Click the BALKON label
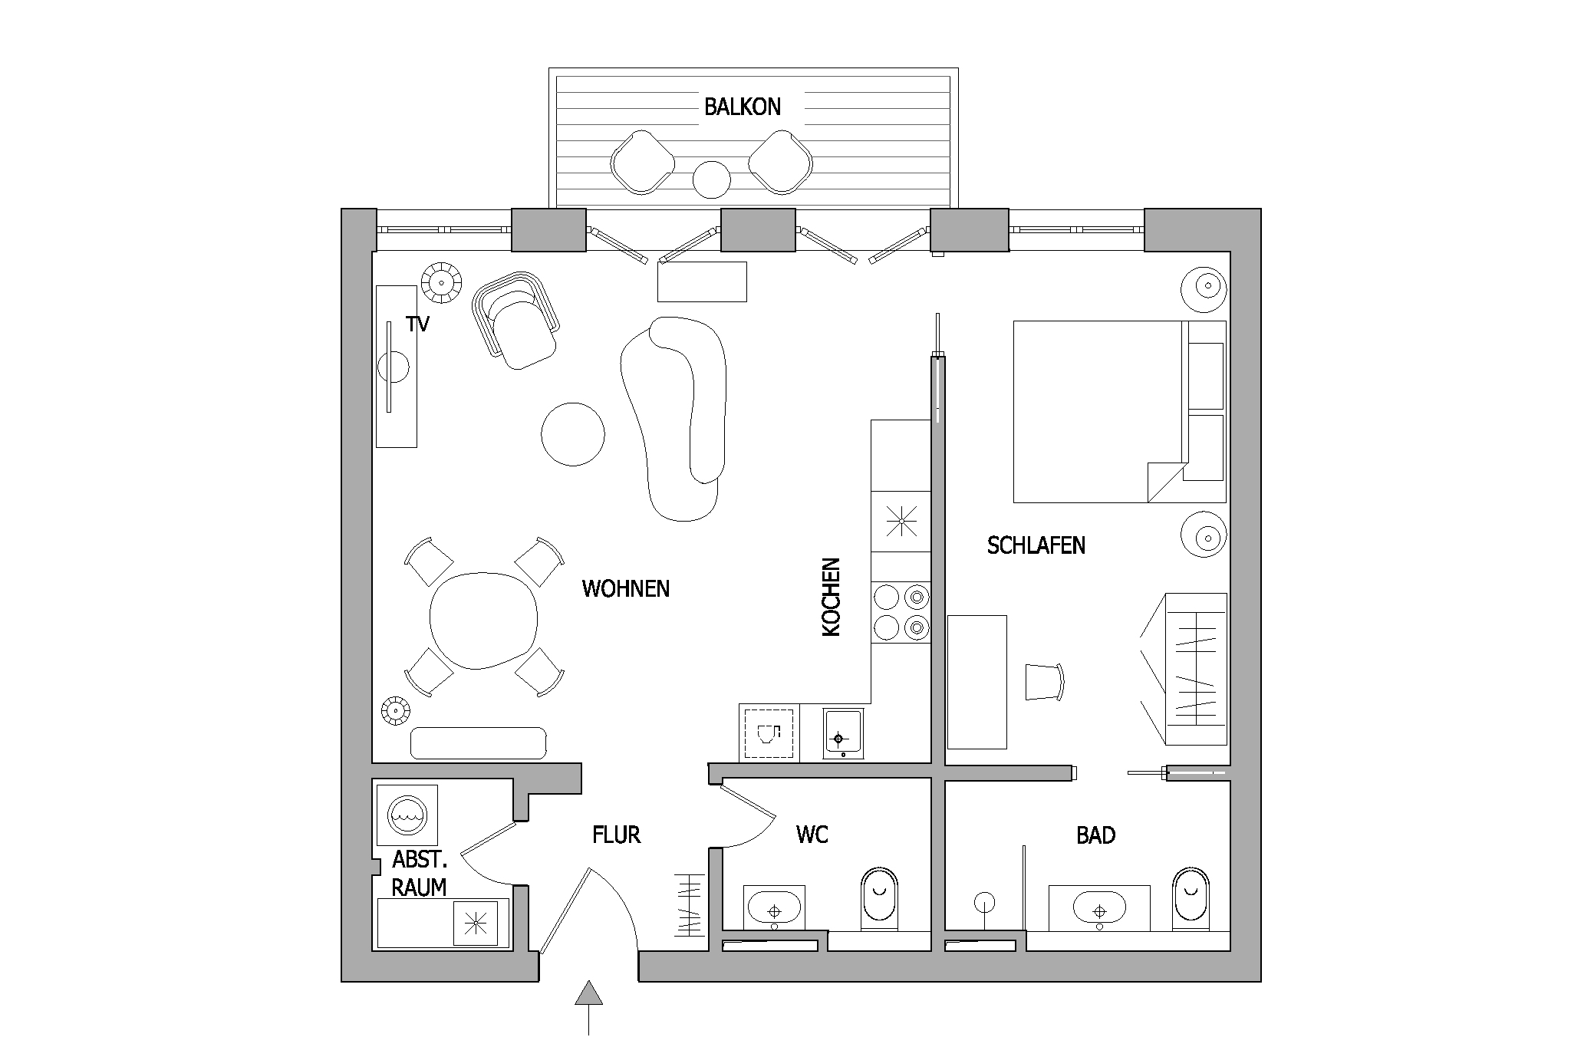[743, 107]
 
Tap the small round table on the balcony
[712, 179]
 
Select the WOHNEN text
[626, 588]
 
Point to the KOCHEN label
[832, 597]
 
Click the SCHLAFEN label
[1036, 545]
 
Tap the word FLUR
[616, 835]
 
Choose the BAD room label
[1095, 835]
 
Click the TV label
[418, 324]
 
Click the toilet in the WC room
[880, 898]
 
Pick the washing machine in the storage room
[407, 815]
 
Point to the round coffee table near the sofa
[572, 434]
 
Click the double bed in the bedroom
[1119, 412]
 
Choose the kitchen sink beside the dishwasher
[843, 734]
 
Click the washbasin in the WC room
[775, 908]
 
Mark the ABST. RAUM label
[419, 873]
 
